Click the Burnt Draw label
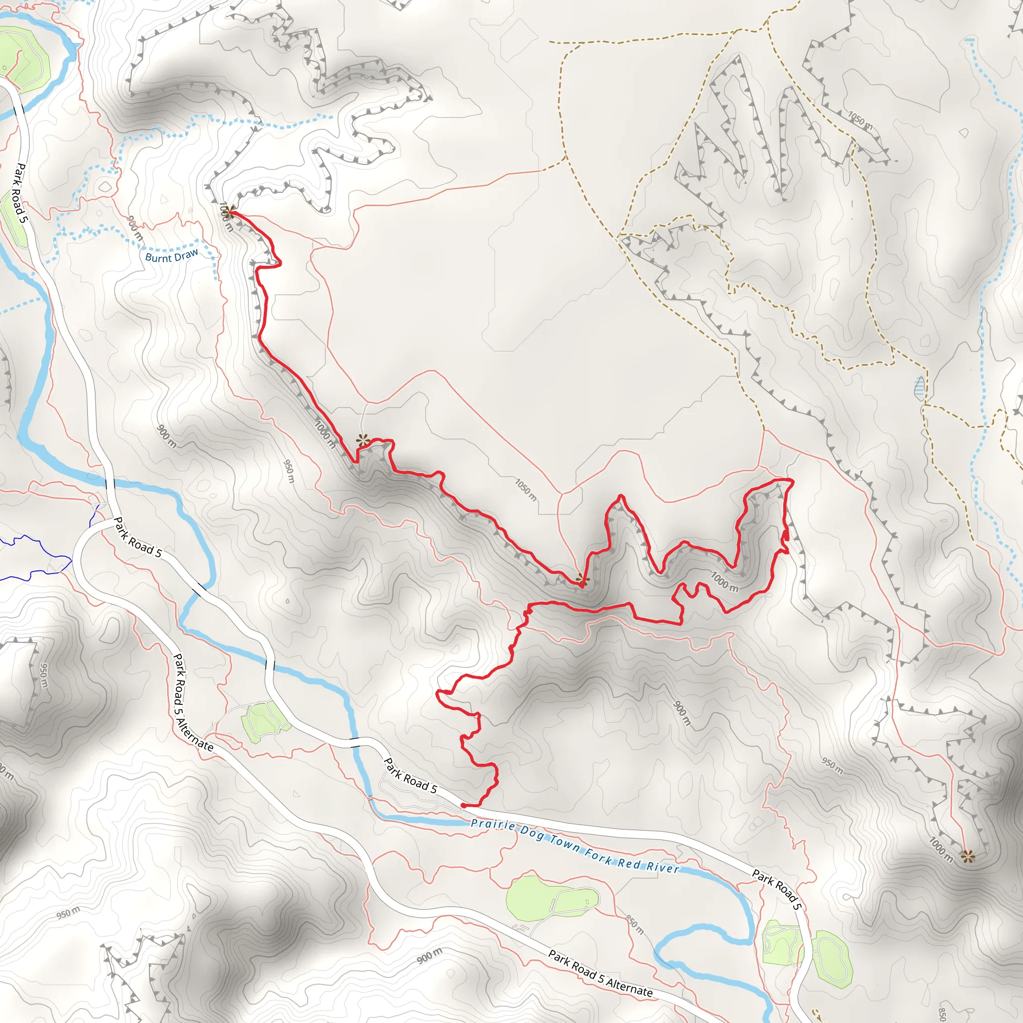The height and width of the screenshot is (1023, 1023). [x=171, y=256]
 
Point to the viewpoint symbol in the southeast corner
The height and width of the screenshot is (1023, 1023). [x=968, y=856]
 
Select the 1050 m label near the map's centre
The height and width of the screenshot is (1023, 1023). [x=526, y=490]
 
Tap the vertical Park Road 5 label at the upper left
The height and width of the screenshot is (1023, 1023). [x=19, y=193]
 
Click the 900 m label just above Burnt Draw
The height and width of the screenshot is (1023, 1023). [x=135, y=228]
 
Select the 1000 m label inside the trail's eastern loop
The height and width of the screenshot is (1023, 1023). [x=724, y=582]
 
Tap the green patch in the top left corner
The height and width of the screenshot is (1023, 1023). [x=24, y=58]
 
